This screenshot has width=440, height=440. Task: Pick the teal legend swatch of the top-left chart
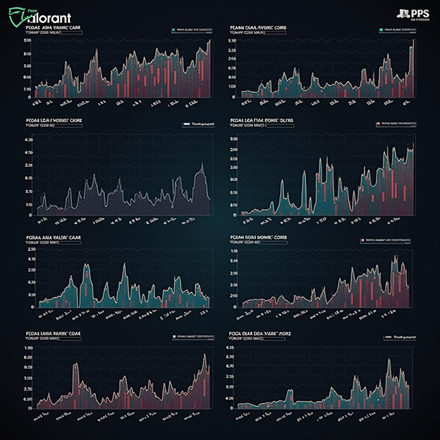click(173, 31)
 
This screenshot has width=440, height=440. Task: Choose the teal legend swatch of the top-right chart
click(381, 30)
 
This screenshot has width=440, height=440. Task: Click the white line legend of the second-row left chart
click(186, 124)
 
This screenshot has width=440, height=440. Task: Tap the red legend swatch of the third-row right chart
click(363, 240)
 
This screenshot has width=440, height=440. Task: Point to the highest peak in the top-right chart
click(413, 40)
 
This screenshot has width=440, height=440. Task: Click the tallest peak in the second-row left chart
click(202, 165)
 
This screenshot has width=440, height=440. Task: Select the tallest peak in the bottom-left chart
click(205, 354)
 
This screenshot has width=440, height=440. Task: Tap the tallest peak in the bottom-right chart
click(388, 360)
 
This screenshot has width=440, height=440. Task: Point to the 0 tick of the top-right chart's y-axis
click(233, 97)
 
